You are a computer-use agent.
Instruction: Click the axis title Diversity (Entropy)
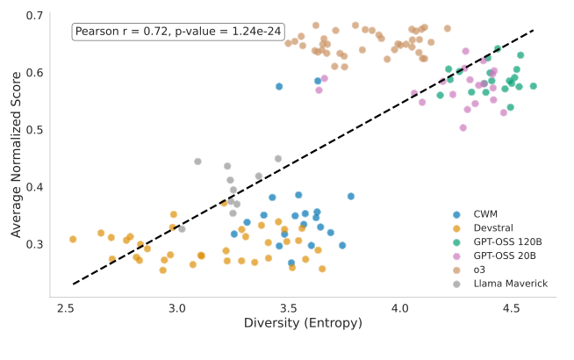coord(289,326)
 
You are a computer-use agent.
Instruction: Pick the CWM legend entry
coord(484,214)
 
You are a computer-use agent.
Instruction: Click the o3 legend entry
coord(477,270)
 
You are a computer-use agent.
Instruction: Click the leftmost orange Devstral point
coord(73,239)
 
